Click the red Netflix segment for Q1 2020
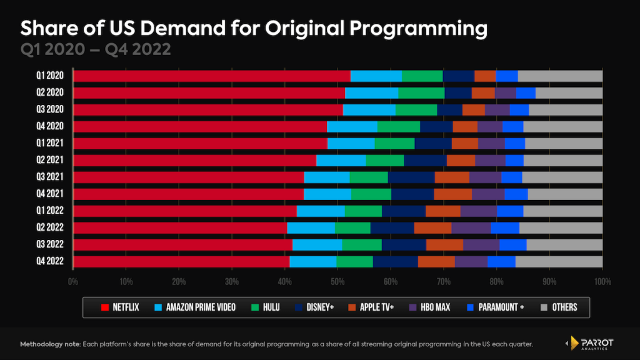[211, 76]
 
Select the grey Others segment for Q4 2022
[559, 261]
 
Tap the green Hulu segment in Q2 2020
[421, 93]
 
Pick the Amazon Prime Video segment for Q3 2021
[326, 177]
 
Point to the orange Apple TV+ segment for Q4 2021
[452, 194]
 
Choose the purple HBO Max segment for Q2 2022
[471, 227]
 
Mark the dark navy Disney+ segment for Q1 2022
[403, 211]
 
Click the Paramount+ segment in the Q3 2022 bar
[512, 244]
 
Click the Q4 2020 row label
[51, 127]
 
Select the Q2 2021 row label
[51, 161]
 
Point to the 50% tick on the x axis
[337, 282]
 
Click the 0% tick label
[73, 282]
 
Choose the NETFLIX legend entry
[122, 307]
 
